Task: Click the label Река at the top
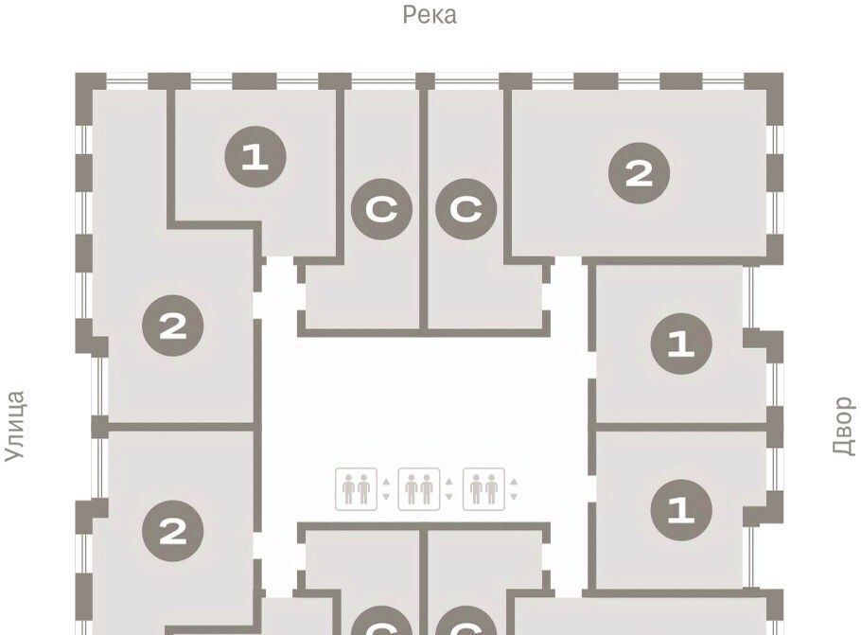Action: click(x=430, y=15)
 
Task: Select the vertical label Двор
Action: click(x=844, y=426)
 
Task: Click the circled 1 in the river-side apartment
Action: click(x=255, y=157)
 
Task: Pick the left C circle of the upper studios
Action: click(x=381, y=209)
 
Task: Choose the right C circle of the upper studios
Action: click(x=466, y=209)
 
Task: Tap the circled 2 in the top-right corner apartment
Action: click(x=640, y=173)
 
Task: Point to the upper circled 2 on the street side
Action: click(x=173, y=326)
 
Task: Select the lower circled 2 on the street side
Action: click(x=173, y=531)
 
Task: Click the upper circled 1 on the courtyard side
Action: click(x=681, y=344)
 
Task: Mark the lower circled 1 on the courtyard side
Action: click(x=681, y=510)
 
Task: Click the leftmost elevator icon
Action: click(x=357, y=489)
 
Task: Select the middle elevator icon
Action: click(x=419, y=489)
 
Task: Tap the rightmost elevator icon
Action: click(x=483, y=489)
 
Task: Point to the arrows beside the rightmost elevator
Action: click(x=514, y=489)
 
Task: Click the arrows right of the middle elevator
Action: click(x=449, y=489)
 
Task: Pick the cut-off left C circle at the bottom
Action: click(x=381, y=621)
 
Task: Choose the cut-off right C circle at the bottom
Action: click(x=466, y=621)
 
